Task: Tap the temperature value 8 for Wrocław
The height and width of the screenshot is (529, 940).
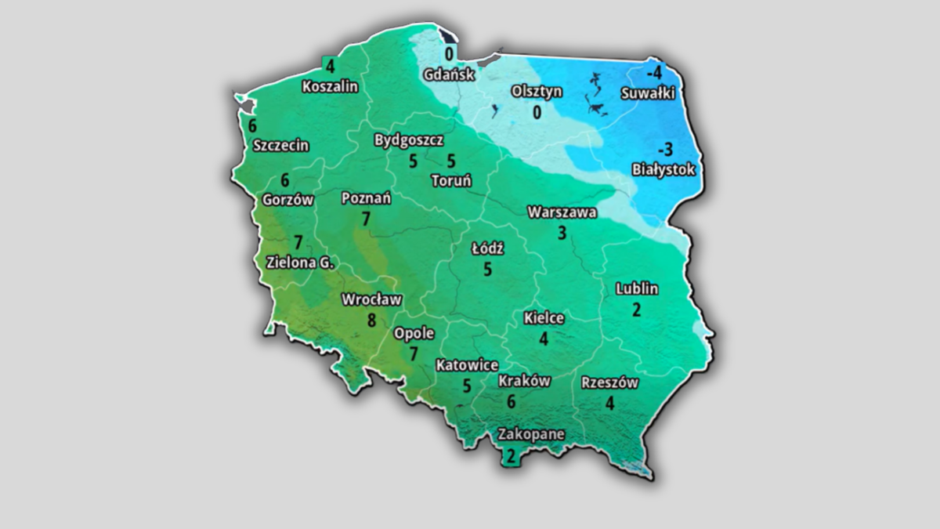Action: (371, 320)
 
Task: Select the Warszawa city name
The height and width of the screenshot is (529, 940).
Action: (562, 212)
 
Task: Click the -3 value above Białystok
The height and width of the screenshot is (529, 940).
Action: (665, 149)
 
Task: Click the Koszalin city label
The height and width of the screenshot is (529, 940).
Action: (330, 87)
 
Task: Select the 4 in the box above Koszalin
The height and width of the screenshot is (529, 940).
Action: (331, 67)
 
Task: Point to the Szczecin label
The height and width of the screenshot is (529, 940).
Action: (281, 145)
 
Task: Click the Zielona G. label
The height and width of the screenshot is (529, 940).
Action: (300, 263)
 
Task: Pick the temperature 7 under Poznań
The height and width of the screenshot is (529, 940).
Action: (366, 219)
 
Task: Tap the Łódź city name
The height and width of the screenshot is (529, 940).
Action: (487, 249)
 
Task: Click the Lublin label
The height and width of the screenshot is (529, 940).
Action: (637, 288)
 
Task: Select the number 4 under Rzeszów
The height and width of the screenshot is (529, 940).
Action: (609, 404)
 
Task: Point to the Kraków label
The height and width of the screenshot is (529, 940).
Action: (524, 382)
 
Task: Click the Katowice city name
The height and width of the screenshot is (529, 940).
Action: (467, 365)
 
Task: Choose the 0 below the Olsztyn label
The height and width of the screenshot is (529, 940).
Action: (537, 112)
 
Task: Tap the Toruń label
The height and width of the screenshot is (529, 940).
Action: (451, 180)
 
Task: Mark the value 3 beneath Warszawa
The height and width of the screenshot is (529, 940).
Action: (562, 232)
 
